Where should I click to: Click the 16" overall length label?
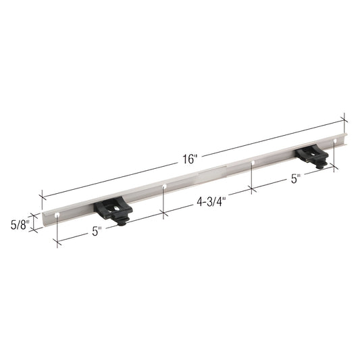(189, 159)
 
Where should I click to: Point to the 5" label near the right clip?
(295, 179)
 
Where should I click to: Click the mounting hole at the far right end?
(334, 142)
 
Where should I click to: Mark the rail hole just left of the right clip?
(253, 163)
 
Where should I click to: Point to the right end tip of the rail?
(344, 140)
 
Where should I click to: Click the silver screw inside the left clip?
(116, 206)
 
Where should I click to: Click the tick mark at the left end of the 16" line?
(42, 196)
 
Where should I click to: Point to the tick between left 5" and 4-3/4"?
(163, 213)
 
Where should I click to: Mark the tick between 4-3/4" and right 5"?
(251, 188)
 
